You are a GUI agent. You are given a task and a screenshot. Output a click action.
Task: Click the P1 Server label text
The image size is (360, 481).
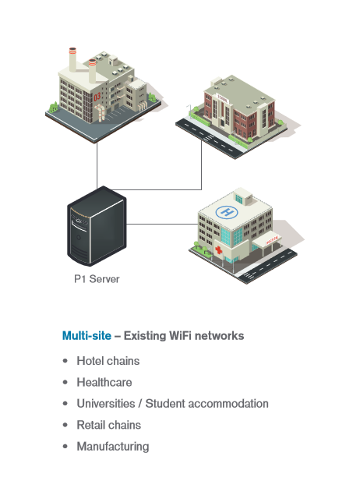coord(97,279)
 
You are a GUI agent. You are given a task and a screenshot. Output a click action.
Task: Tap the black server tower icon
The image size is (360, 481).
coord(97,226)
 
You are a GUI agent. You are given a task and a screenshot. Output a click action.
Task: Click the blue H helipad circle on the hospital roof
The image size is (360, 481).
coord(227,212)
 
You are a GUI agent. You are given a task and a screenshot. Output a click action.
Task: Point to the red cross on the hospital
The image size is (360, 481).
coord(219,249)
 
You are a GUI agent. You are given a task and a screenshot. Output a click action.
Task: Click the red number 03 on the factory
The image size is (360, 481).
coord(97,97)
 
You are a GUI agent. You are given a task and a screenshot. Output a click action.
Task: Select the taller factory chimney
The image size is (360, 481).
coord(72,59)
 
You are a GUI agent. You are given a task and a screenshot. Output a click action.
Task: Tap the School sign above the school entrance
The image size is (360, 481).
coord(223,98)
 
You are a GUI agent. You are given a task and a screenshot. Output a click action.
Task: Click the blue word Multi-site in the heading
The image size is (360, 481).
coord(86,335)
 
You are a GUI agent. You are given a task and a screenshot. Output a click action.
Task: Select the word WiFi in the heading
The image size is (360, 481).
coord(181,335)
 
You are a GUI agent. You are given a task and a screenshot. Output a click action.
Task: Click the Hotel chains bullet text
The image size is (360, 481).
coord(108,361)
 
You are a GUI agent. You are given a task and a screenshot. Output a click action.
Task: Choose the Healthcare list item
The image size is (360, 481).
coord(104,382)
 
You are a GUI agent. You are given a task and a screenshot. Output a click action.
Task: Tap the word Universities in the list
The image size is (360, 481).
coord(106,404)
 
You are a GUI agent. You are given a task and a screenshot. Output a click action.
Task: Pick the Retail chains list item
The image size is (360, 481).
coord(109,425)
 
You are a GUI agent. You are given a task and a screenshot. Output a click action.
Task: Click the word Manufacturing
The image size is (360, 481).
coord(113,447)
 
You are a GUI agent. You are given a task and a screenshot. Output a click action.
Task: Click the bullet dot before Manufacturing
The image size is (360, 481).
coord(65,447)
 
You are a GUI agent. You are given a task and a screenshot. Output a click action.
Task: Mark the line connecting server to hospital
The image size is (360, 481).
coord(162,224)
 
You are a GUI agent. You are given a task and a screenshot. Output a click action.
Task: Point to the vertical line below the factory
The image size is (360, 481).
coord(97,165)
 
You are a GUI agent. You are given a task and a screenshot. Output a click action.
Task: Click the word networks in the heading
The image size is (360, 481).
coord(220,335)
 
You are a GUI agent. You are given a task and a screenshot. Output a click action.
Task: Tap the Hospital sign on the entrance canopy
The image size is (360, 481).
coord(272,240)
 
